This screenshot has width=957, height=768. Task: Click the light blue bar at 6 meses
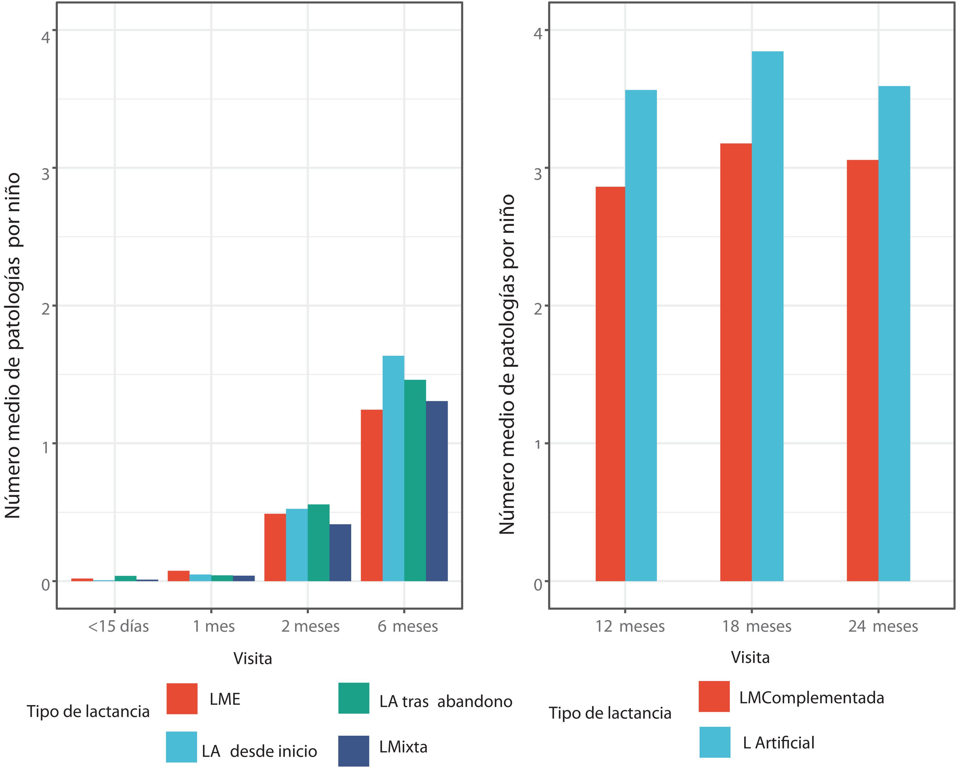point(393,468)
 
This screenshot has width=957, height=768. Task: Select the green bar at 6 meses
point(415,480)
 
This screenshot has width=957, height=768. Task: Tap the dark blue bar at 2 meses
point(340,553)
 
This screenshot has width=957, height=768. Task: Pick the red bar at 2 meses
point(275,547)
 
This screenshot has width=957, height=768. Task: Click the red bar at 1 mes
point(179,576)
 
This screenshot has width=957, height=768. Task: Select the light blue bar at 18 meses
point(768,316)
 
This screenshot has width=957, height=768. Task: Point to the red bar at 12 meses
point(610,384)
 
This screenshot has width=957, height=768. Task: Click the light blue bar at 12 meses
point(641,336)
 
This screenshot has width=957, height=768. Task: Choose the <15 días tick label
point(118,626)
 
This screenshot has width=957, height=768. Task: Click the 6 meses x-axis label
point(408,626)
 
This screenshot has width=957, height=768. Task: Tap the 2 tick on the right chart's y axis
point(538,309)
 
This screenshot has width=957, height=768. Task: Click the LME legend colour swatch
point(182,698)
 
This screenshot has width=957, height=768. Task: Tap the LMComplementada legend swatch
point(714,696)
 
